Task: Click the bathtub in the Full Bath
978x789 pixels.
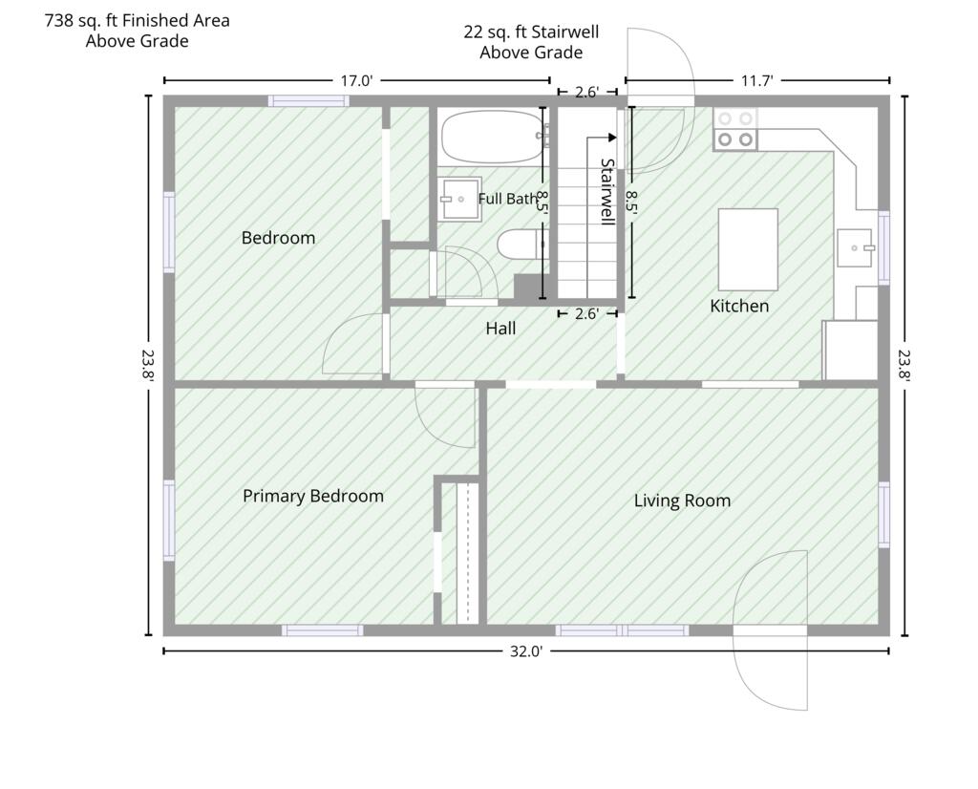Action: [492, 138]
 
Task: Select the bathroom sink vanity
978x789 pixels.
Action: [459, 199]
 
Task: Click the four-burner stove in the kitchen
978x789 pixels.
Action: [735, 129]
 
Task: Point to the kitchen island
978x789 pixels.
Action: [748, 249]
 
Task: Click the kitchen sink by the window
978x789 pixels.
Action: [854, 247]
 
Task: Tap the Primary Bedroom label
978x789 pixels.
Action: [313, 496]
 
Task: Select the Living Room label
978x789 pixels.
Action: [682, 501]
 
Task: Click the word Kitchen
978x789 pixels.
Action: [739, 306]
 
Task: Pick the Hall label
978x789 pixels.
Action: [500, 328]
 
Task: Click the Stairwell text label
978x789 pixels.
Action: [606, 191]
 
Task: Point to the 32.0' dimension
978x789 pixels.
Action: [526, 651]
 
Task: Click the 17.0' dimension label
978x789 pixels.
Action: [356, 80]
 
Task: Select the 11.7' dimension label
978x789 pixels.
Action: [756, 80]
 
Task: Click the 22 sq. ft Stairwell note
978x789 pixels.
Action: [531, 42]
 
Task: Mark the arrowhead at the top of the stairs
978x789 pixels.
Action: [612, 138]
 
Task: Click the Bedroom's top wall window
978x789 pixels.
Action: [308, 101]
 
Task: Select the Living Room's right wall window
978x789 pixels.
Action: [883, 515]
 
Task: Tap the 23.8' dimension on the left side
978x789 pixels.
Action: [148, 365]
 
